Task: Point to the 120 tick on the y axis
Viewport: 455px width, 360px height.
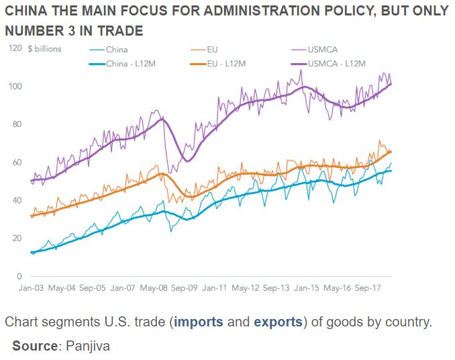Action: coord(15,48)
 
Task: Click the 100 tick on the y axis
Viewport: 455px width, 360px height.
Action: coord(15,87)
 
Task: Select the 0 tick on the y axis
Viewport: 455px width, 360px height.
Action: coord(19,276)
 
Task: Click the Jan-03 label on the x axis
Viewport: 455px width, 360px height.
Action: coord(31,288)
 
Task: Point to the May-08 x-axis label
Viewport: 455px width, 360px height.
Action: coord(154,288)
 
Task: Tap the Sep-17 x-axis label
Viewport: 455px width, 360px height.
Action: coord(369,288)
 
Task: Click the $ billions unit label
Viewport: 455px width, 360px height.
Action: coord(45,49)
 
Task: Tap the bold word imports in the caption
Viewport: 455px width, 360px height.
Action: coord(199,322)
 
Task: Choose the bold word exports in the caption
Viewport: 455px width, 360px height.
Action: coord(278,322)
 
